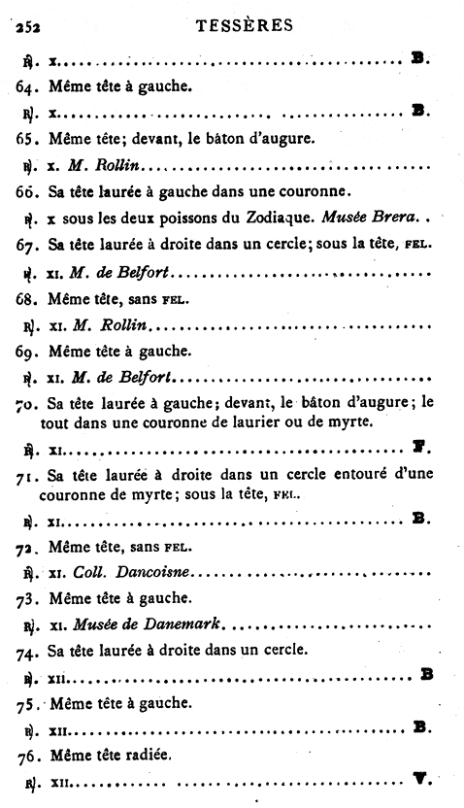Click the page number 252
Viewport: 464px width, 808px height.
click(19, 28)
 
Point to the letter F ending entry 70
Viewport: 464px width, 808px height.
click(420, 449)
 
